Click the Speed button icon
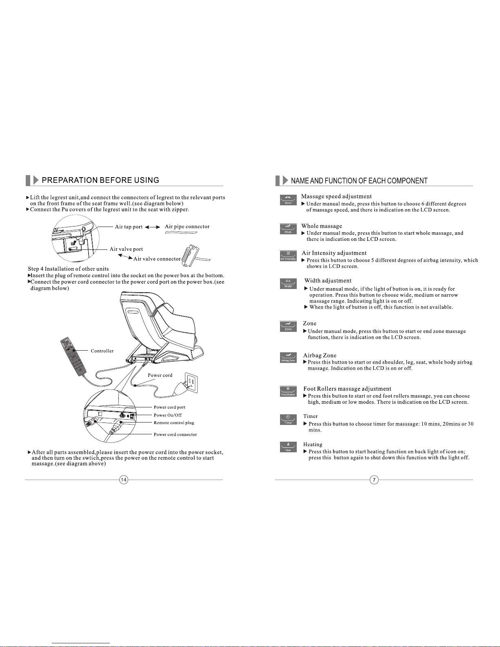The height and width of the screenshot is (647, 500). pyautogui.click(x=288, y=200)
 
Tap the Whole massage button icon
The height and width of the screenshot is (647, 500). pyautogui.click(x=288, y=229)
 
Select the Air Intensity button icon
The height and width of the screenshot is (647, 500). pyautogui.click(x=288, y=256)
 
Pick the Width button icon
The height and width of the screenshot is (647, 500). pyautogui.click(x=288, y=284)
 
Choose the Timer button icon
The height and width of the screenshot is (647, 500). pyautogui.click(x=288, y=420)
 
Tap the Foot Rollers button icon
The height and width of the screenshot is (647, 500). pyautogui.click(x=288, y=392)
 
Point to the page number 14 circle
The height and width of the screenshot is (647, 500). pyautogui.click(x=124, y=480)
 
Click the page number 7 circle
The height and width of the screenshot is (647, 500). pyautogui.click(x=374, y=480)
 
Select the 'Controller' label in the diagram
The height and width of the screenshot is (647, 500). pyautogui.click(x=102, y=351)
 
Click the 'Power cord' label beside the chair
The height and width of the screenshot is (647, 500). pyautogui.click(x=160, y=375)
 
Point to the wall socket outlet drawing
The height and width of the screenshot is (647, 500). pyautogui.click(x=191, y=382)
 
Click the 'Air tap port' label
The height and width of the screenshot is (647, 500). pyautogui.click(x=129, y=227)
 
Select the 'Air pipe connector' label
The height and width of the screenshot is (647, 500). pyautogui.click(x=187, y=227)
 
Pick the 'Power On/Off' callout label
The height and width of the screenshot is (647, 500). pyautogui.click(x=168, y=415)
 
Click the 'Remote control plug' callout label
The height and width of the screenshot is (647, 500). pyautogui.click(x=174, y=423)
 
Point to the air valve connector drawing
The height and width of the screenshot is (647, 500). pyautogui.click(x=189, y=256)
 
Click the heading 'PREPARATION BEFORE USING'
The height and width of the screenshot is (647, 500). pyautogui.click(x=100, y=180)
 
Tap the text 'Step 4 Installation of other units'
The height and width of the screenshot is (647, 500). pyautogui.click(x=68, y=269)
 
